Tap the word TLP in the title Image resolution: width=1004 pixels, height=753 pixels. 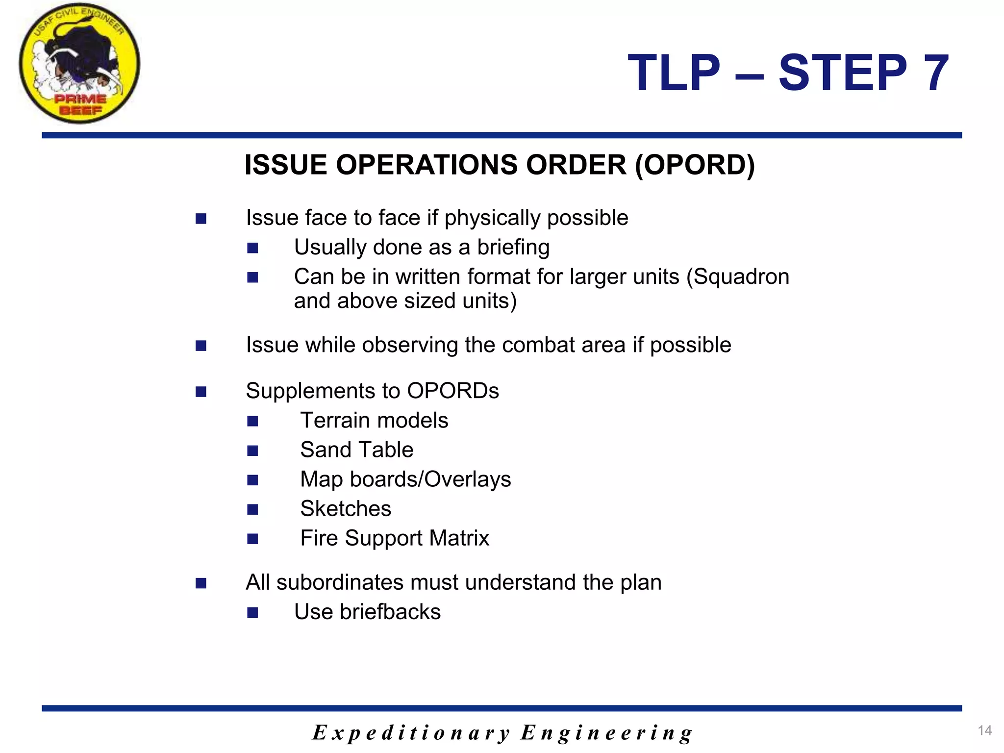pyautogui.click(x=674, y=73)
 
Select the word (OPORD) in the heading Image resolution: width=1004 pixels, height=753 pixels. pyautogui.click(x=695, y=165)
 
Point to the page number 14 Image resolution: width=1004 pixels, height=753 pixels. pyautogui.click(x=984, y=730)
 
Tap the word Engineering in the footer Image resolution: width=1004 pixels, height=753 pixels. pyautogui.click(x=606, y=733)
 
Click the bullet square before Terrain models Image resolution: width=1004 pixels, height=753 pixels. pyautogui.click(x=252, y=421)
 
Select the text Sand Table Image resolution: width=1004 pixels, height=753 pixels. pyautogui.click(x=356, y=450)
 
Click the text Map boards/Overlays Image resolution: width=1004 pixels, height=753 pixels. pyautogui.click(x=405, y=479)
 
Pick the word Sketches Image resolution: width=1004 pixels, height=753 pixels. pyautogui.click(x=346, y=508)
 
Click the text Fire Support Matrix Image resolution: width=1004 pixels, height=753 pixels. pyautogui.click(x=395, y=538)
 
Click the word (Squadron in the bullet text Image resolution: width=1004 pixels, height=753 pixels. pyautogui.click(x=738, y=276)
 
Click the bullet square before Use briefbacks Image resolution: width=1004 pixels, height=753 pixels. pyautogui.click(x=252, y=612)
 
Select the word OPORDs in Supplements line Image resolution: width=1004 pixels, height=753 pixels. pyautogui.click(x=452, y=391)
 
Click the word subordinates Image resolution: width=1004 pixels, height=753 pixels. pyautogui.click(x=340, y=582)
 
